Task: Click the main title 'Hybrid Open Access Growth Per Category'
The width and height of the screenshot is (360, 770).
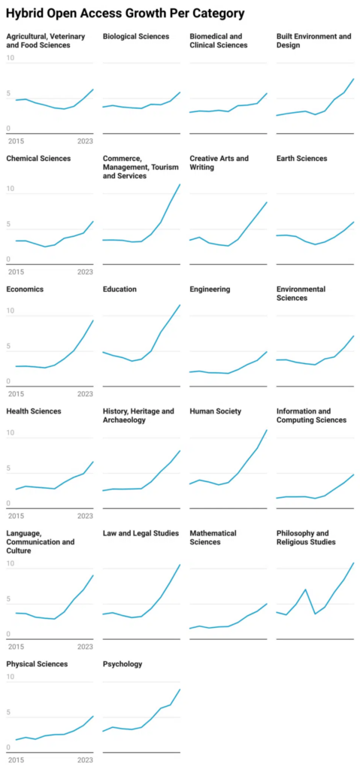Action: pyautogui.click(x=125, y=14)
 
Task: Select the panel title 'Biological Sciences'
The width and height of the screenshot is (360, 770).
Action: pyautogui.click(x=136, y=36)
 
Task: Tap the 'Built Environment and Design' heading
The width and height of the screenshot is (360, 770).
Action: pyautogui.click(x=313, y=41)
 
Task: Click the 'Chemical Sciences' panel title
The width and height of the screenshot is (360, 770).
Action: pyautogui.click(x=38, y=159)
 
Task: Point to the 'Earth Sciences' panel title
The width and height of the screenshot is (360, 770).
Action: pyautogui.click(x=301, y=159)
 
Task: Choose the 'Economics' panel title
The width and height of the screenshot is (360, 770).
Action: pyautogui.click(x=25, y=290)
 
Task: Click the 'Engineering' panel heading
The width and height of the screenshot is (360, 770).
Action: pyautogui.click(x=210, y=290)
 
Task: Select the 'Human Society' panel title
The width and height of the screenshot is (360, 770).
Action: pyautogui.click(x=216, y=411)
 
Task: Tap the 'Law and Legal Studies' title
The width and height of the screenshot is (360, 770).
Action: pyautogui.click(x=141, y=533)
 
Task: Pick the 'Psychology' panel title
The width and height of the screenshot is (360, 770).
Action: pyautogui.click(x=122, y=664)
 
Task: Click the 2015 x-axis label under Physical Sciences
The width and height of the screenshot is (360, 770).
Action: pyautogui.click(x=15, y=759)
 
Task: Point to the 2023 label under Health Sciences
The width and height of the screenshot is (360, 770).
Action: pyautogui.click(x=85, y=515)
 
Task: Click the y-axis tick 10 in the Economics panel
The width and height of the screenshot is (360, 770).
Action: pyautogui.click(x=10, y=311)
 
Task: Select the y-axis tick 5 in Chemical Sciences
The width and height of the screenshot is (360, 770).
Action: pyautogui.click(x=8, y=225)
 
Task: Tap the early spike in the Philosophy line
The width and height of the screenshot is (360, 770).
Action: pyautogui.click(x=305, y=590)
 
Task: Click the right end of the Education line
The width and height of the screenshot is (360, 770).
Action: pyautogui.click(x=180, y=305)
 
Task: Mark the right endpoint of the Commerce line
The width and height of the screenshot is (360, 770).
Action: pyautogui.click(x=180, y=183)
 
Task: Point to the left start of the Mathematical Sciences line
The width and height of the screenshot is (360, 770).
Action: pyautogui.click(x=190, y=628)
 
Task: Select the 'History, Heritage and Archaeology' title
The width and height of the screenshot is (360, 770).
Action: pyautogui.click(x=138, y=416)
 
